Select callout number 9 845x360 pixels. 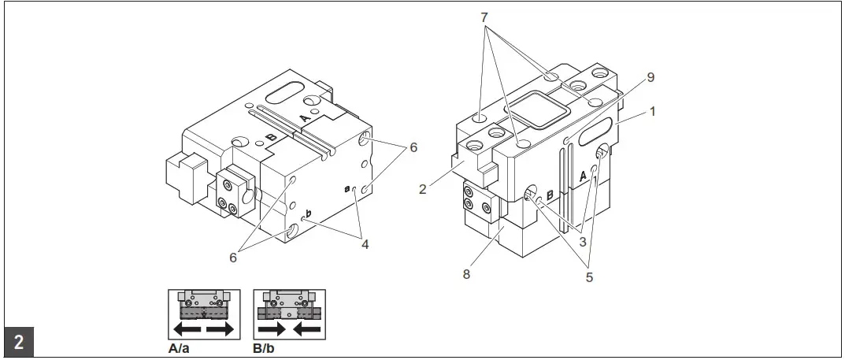click(x=650, y=77)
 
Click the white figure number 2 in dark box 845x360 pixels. click(x=18, y=343)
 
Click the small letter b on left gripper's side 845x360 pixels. click(x=309, y=213)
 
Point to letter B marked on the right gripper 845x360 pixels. click(x=550, y=193)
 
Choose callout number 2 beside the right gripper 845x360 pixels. click(x=423, y=190)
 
